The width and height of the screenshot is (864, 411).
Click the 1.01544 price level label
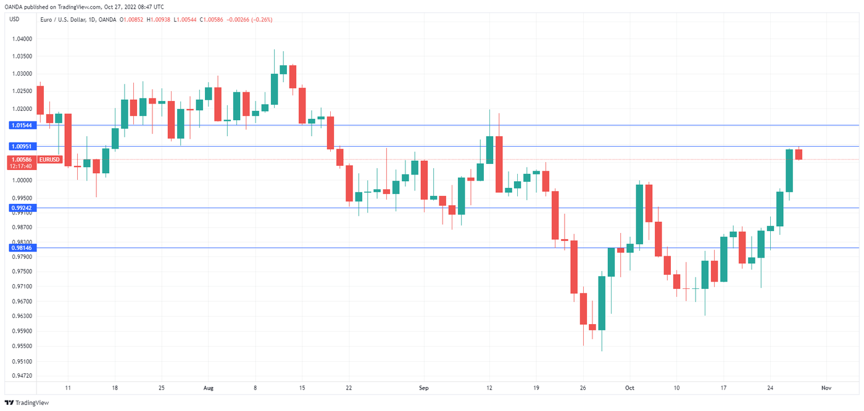(22, 125)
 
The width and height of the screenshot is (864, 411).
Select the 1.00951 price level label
(22, 147)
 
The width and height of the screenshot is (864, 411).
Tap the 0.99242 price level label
(22, 208)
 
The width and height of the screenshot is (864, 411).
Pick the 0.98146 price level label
(22, 248)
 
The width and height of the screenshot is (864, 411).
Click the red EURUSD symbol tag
(49, 160)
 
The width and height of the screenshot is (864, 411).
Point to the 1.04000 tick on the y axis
(22, 39)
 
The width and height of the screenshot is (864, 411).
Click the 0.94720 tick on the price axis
(22, 375)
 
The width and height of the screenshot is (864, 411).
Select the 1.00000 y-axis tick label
(22, 181)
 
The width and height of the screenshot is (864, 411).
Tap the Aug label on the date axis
(208, 388)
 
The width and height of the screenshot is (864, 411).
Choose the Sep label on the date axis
(423, 388)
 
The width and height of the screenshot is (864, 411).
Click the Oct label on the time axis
(629, 388)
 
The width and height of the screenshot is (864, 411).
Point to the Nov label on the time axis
(826, 388)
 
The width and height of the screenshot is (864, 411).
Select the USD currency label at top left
(15, 19)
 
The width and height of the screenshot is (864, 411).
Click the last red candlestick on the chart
(799, 155)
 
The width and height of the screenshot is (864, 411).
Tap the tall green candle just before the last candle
(789, 171)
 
